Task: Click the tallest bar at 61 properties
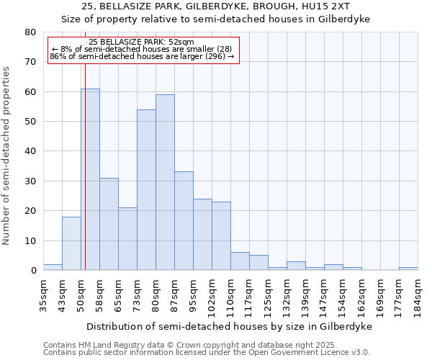pyautogui.click(x=90, y=179)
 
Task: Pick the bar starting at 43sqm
pyautogui.click(x=71, y=243)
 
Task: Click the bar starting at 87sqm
pyautogui.click(x=184, y=220)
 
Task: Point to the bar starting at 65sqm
pyautogui.click(x=127, y=238)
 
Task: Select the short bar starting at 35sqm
pyautogui.click(x=53, y=267)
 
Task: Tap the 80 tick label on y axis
pyautogui.click(x=30, y=32)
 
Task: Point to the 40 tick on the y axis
pyautogui.click(x=30, y=151)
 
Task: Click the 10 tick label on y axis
pyautogui.click(x=30, y=240)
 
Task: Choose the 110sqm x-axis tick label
pyautogui.click(x=231, y=295)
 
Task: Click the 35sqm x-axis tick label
pyautogui.click(x=44, y=295)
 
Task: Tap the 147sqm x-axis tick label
pyautogui.click(x=325, y=295)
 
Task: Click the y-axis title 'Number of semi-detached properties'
pyautogui.click(x=6, y=156)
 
